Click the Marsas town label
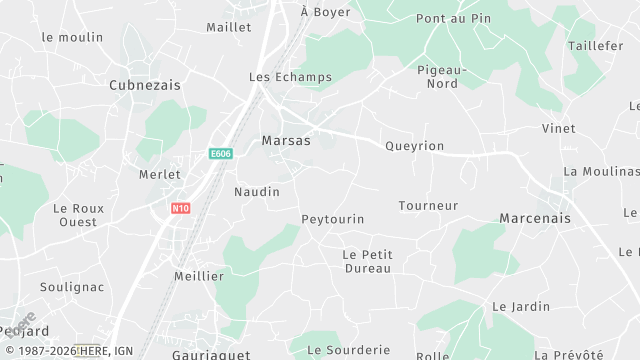(286, 141)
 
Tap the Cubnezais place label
(145, 86)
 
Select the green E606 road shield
(221, 154)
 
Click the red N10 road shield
(180, 208)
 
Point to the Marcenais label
(535, 218)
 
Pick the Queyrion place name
(414, 146)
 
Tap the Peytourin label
(333, 219)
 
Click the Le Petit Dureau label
(368, 261)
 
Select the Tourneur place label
(428, 206)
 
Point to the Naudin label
(257, 191)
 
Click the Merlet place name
(160, 174)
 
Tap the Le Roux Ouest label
(79, 215)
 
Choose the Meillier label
(199, 276)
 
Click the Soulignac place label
(72, 287)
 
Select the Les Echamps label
(281, 77)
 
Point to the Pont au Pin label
(453, 19)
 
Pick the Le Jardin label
(521, 306)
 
